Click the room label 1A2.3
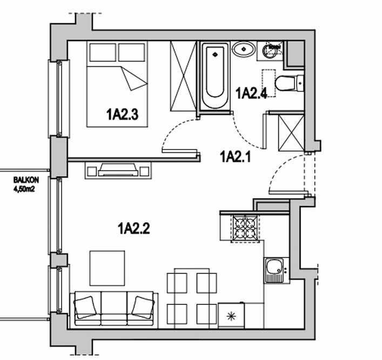pyautogui.click(x=122, y=114)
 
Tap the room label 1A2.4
pyautogui.click(x=252, y=93)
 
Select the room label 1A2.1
pyautogui.click(x=236, y=157)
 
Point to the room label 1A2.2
pyautogui.click(x=134, y=228)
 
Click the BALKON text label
pyautogui.click(x=26, y=180)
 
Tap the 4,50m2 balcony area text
pyautogui.click(x=24, y=189)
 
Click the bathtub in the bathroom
pyautogui.click(x=215, y=76)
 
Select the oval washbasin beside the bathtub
pyautogui.click(x=244, y=50)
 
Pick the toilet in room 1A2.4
pyautogui.click(x=290, y=83)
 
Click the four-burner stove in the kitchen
pyautogui.click(x=245, y=229)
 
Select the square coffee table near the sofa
pyautogui.click(x=107, y=268)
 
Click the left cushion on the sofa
pyautogui.click(x=84, y=307)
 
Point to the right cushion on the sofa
pyautogui.click(x=143, y=307)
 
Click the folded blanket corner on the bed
pyautogui.click(x=133, y=78)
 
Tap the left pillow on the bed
pyautogui.click(x=103, y=52)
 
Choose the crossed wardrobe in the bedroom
pyautogui.click(x=183, y=76)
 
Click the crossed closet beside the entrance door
pyautogui.click(x=291, y=133)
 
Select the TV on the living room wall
pyautogui.click(x=118, y=169)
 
